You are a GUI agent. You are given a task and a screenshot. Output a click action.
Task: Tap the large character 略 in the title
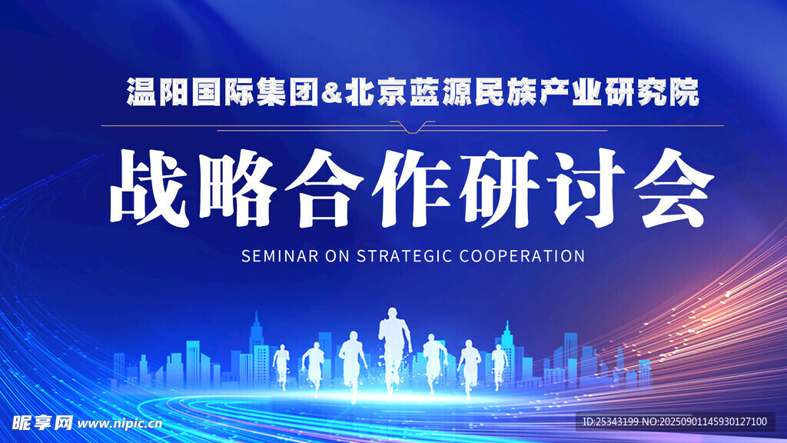point(237,188)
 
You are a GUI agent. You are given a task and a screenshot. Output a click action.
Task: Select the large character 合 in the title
point(325,188)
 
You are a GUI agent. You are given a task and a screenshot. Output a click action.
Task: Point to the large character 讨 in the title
point(586,188)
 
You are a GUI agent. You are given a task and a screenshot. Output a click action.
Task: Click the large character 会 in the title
point(673,188)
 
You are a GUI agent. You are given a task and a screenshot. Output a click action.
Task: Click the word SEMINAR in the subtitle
point(280,256)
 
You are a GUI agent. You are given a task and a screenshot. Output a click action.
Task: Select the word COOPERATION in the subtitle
point(522,256)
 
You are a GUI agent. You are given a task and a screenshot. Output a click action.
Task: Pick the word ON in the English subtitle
point(337,256)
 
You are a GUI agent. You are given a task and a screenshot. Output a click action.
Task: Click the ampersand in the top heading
point(331,92)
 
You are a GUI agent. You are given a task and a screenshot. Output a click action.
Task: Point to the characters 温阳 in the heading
point(158,92)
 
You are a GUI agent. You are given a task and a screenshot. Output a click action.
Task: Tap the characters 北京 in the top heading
point(375,92)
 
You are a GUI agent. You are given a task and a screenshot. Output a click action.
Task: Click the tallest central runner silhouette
point(394,347)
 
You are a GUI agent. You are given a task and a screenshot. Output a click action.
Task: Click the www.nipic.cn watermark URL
point(120,424)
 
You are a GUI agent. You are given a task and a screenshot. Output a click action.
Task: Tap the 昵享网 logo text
point(42,423)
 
